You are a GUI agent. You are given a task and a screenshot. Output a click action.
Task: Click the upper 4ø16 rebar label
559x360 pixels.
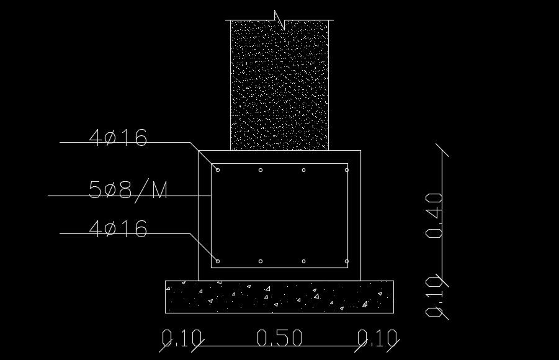click(x=119, y=138)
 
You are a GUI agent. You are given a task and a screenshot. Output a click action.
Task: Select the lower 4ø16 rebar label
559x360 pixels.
click(x=119, y=229)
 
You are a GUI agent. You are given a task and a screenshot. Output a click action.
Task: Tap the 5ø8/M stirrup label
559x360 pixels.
click(x=128, y=190)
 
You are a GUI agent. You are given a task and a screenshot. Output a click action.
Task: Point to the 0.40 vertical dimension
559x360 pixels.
click(x=434, y=215)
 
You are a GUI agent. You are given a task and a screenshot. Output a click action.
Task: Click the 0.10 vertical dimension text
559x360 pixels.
click(x=434, y=297)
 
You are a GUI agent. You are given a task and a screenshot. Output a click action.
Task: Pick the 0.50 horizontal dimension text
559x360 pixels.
click(x=279, y=338)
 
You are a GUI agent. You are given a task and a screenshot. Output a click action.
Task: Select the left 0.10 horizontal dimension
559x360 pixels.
click(x=182, y=338)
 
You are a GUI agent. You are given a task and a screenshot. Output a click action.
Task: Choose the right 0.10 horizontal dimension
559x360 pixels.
click(x=377, y=338)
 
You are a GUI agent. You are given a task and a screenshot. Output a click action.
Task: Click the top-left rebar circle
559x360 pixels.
click(x=218, y=169)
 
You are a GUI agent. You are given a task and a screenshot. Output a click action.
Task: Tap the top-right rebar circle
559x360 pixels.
click(x=347, y=169)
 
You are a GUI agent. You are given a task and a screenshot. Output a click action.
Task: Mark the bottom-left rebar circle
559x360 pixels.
click(x=218, y=261)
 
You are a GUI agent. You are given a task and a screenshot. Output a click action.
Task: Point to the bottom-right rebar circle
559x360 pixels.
click(x=347, y=261)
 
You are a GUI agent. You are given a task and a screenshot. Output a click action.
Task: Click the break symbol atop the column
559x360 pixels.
click(x=280, y=20)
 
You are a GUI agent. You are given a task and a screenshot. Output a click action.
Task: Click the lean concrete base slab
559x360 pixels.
click(x=279, y=297)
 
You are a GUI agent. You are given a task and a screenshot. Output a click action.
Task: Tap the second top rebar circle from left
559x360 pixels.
click(x=261, y=169)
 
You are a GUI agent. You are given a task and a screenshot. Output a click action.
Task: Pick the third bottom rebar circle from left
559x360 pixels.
click(x=303, y=261)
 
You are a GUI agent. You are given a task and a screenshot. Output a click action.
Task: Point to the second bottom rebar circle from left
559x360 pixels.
click(x=261, y=261)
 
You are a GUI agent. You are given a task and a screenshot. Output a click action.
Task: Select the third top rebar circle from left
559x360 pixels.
click(x=303, y=169)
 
